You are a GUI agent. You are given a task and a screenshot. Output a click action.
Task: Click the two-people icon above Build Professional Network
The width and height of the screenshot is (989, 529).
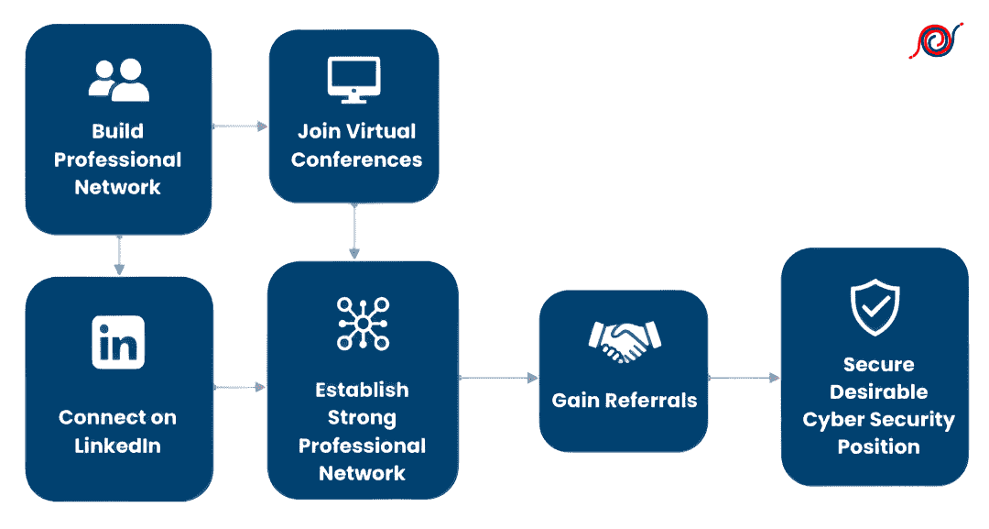coord(118,80)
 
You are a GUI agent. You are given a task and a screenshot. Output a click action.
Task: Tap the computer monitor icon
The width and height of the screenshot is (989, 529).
coord(353,79)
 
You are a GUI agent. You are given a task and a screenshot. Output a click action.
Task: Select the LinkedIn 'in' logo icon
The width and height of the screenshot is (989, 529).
coord(118,341)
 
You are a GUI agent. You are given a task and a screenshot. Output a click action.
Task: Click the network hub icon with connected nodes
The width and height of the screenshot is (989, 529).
coord(363,324)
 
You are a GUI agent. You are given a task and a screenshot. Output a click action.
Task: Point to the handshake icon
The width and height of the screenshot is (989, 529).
coord(623,342)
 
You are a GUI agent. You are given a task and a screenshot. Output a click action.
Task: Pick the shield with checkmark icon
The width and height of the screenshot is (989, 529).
coord(875,308)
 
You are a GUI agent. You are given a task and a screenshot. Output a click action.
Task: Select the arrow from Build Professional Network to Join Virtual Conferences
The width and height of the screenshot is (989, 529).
coord(240,126)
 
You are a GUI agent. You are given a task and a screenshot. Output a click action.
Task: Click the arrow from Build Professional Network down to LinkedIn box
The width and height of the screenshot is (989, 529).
coord(118,255)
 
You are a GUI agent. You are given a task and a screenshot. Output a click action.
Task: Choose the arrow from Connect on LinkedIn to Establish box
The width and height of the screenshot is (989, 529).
coord(240,388)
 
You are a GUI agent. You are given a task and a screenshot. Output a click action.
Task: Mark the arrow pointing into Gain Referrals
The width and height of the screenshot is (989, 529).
coord(499,377)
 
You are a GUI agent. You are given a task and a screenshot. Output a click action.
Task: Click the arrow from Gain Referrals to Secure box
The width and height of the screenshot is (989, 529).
coord(744,377)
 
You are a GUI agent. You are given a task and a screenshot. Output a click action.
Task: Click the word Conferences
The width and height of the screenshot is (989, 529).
coord(356,160)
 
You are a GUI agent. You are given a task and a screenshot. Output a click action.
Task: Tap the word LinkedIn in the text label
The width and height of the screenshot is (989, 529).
coord(118,446)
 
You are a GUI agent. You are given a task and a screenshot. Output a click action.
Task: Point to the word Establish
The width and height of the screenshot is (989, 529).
coord(362,390)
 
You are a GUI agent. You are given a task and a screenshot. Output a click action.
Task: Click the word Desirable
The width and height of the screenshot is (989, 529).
coord(878,392)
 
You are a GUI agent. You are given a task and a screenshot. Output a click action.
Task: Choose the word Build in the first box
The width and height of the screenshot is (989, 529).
coord(118,131)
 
